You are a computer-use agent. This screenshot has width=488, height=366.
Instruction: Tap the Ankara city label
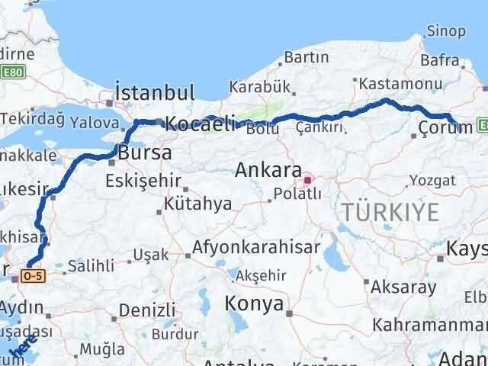pos(268,170)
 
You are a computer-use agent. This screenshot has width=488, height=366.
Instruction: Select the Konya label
pos(254,304)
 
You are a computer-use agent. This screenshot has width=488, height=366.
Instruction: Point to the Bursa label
pos(144,152)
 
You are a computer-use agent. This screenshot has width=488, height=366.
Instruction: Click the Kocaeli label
pos(200,124)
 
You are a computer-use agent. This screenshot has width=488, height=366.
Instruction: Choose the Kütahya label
pos(197,204)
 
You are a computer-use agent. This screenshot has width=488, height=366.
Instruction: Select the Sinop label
pos(447,31)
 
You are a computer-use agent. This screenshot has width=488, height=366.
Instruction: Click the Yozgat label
pos(432,181)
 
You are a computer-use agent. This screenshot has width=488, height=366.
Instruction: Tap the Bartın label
pos(307,57)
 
